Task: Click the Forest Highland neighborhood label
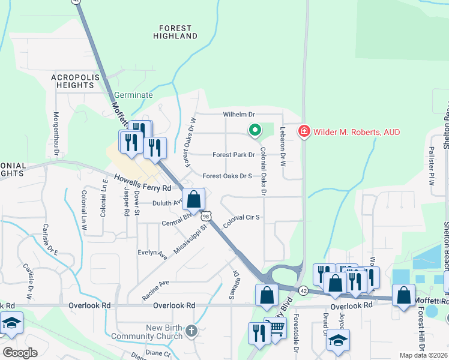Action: coord(175,32)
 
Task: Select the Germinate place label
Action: coord(133,95)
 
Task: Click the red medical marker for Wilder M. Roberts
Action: coord(304,131)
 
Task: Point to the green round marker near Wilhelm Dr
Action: coord(255,129)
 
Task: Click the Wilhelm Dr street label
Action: coord(239,114)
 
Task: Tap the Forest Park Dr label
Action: coord(234,155)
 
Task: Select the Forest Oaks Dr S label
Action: coord(227,176)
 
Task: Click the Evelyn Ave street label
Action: coord(152,254)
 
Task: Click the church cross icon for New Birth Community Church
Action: coord(191,331)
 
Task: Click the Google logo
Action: coord(20,352)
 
